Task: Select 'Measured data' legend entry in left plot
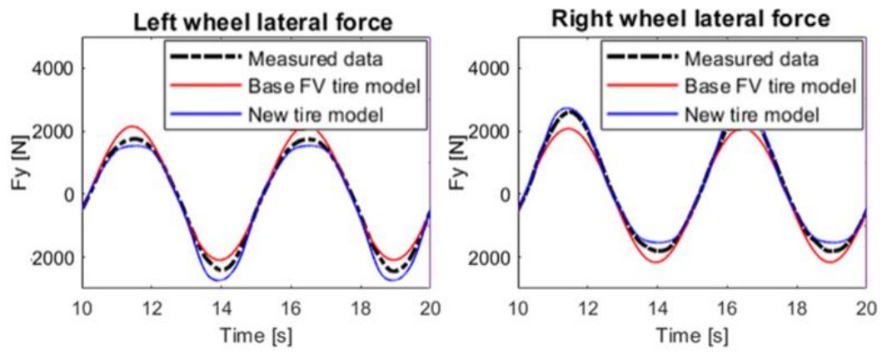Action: point(306,60)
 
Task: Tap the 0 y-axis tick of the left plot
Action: point(71,195)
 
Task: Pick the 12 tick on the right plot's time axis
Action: point(588,307)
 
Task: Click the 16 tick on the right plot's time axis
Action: point(728,307)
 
